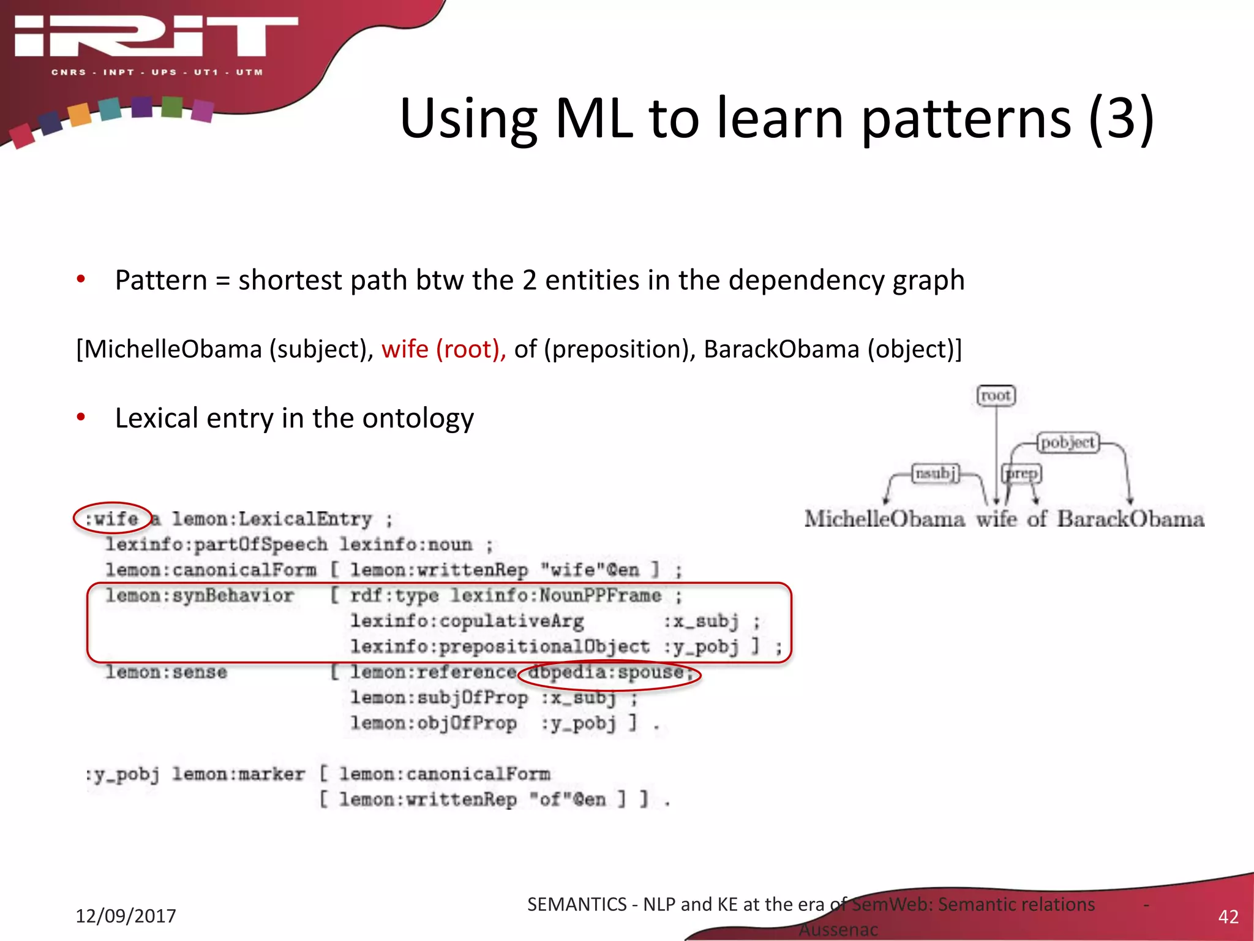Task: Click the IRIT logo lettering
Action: [x=156, y=37]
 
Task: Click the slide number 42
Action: [x=1228, y=916]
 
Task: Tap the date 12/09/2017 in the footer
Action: [x=126, y=916]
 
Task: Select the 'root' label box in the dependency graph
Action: [x=996, y=396]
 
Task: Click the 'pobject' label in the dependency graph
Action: [x=1068, y=442]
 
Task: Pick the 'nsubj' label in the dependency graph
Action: [x=935, y=474]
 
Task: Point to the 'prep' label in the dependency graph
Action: [x=1021, y=474]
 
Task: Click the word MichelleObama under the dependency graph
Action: [x=884, y=519]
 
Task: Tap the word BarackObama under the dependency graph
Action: [x=1130, y=519]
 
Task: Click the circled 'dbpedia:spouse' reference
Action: [x=608, y=673]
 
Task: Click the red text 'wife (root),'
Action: [x=443, y=349]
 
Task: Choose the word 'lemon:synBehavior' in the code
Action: [x=199, y=595]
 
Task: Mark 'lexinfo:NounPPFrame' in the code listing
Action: [x=555, y=595]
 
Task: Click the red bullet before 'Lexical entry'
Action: [x=81, y=418]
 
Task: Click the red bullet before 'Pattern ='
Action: [x=81, y=280]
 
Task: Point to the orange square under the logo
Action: [x=80, y=114]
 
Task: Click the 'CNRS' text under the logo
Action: [x=69, y=72]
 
